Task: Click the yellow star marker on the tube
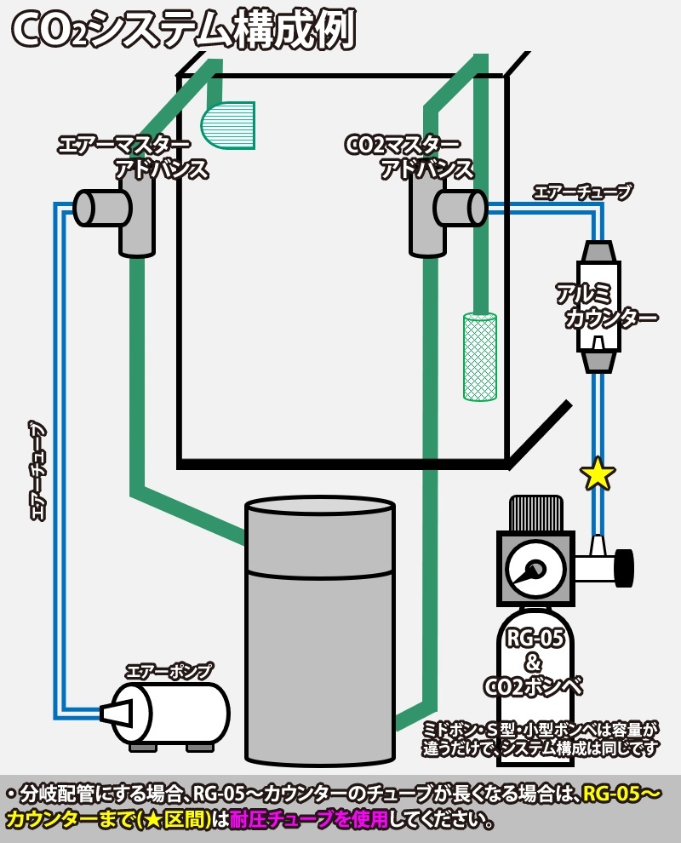[x=598, y=474]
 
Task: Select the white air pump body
[x=179, y=714]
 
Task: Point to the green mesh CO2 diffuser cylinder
[x=479, y=356]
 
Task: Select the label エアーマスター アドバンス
[x=132, y=156]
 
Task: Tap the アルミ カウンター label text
[x=606, y=307]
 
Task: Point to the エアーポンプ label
[x=168, y=671]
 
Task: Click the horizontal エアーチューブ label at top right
[x=582, y=192]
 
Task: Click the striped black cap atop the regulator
[x=536, y=513]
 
